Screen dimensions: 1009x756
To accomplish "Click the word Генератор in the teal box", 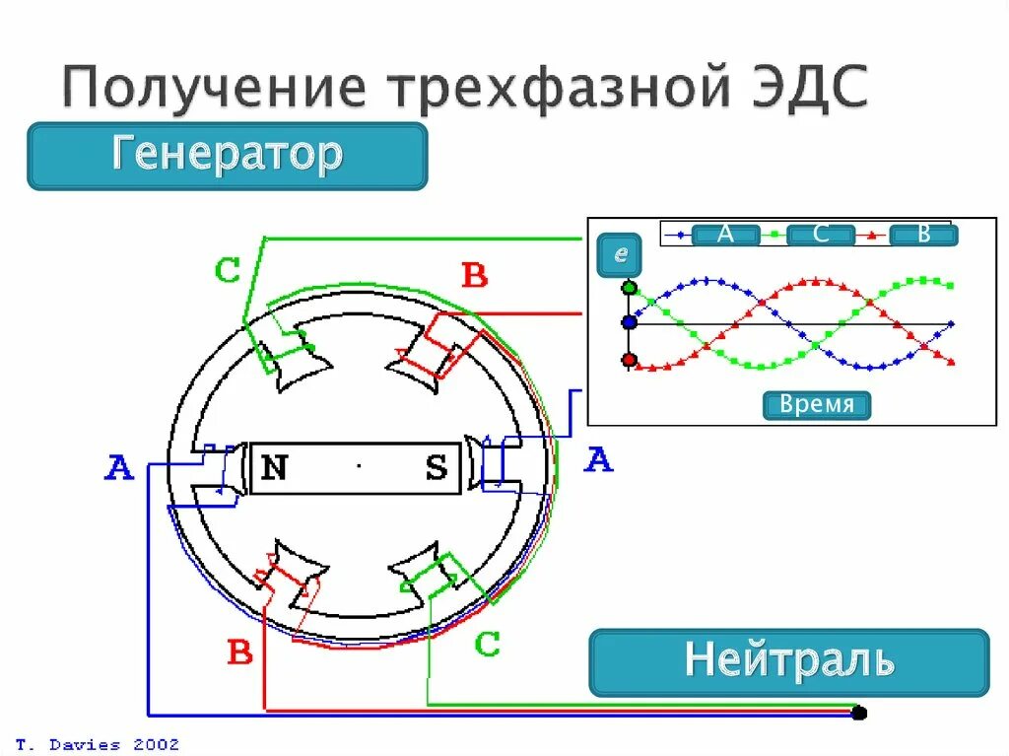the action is click(x=227, y=155).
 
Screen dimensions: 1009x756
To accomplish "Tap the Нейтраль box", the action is click(x=788, y=661).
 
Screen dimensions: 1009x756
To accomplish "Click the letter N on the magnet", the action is click(x=274, y=467).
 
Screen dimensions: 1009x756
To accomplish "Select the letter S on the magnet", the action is click(x=436, y=468).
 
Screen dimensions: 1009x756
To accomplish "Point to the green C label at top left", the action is click(x=228, y=270).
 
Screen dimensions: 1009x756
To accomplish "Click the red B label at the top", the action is click(x=475, y=276).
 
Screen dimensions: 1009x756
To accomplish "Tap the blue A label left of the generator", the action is click(x=119, y=467).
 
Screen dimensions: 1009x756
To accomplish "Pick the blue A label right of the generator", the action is click(x=598, y=459).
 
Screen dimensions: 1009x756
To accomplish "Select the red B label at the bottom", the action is click(x=240, y=652).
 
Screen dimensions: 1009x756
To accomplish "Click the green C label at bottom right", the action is click(x=487, y=645).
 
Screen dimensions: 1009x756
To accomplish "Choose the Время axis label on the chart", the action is click(x=817, y=405).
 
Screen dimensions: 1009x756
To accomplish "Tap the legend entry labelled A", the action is click(x=725, y=235).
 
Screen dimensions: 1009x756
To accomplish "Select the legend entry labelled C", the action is click(x=821, y=235).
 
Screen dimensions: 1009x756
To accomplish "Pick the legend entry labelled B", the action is click(x=923, y=235).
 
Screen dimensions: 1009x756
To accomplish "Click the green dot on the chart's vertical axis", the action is click(x=630, y=289).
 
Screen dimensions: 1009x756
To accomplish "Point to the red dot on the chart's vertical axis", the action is click(x=630, y=359).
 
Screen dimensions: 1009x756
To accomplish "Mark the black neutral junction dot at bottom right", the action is click(x=859, y=712).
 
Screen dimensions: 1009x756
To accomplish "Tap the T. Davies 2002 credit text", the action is click(x=98, y=744).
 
